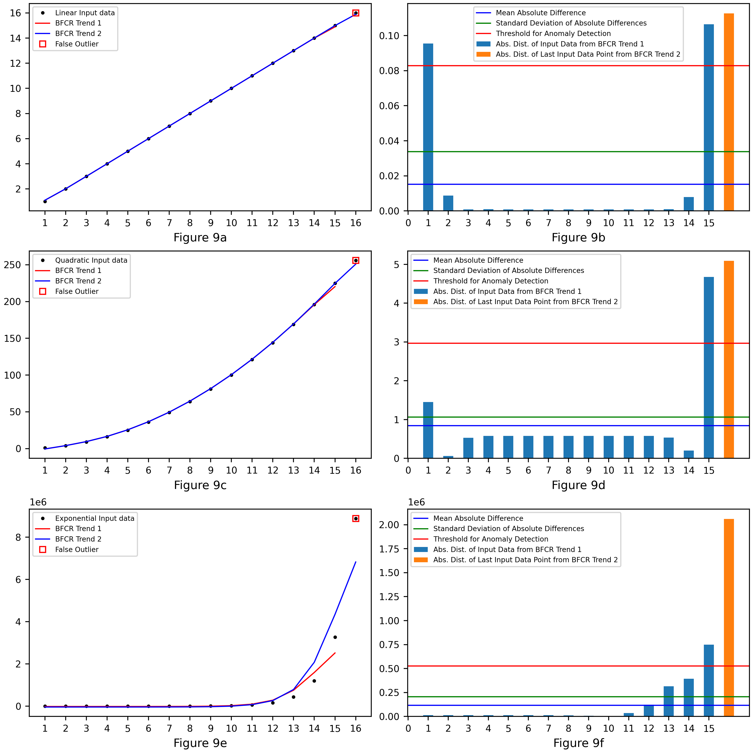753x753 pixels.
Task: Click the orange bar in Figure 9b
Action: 729,112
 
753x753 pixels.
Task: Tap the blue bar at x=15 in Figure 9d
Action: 709,368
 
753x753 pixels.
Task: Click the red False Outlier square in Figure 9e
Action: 355,518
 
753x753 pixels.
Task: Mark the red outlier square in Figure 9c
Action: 355,260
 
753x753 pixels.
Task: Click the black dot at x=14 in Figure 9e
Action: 314,681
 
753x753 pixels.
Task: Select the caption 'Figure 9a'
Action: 200,237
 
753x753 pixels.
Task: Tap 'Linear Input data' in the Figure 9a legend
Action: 85,13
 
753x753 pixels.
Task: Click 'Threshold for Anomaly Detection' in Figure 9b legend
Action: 553,33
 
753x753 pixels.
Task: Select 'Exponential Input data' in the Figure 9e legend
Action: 95,518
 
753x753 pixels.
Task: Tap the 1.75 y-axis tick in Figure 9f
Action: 389,549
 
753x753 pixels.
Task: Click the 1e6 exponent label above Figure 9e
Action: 38,502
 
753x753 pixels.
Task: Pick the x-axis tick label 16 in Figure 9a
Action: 355,223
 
